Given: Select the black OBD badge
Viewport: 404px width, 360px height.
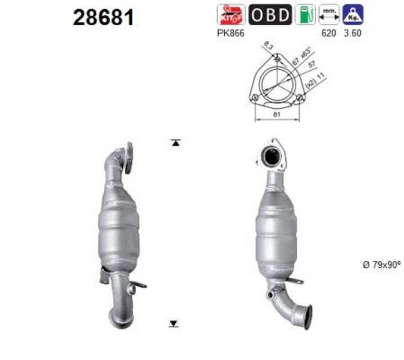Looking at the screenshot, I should click(x=270, y=14).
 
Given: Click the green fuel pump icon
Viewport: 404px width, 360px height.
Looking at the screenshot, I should click(x=306, y=14).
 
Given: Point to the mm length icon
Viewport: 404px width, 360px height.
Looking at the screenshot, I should click(x=328, y=14).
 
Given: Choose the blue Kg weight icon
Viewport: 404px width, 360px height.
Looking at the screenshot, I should click(x=353, y=14).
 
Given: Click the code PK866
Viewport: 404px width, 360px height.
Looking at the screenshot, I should click(x=230, y=34).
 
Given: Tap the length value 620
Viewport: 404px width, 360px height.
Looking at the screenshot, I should click(x=328, y=34).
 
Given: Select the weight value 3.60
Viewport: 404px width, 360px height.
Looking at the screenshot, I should click(x=353, y=34).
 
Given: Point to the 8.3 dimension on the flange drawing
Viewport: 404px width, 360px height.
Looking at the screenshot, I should click(x=268, y=45).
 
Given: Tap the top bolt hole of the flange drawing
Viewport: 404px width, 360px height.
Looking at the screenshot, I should click(x=276, y=58).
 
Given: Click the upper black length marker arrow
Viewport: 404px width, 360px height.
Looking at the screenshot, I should click(x=174, y=143).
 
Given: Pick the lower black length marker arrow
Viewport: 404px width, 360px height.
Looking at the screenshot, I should click(x=174, y=323).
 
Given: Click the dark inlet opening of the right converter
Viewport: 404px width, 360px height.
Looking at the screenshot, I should click(x=271, y=158).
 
